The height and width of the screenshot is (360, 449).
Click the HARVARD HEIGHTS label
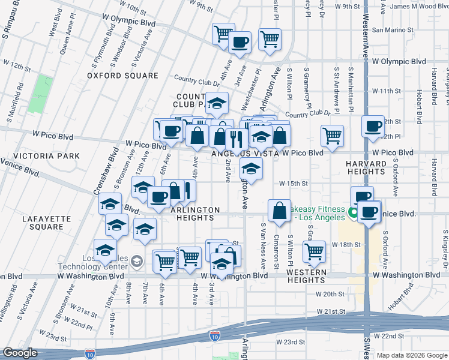pyautogui.click(x=364, y=167)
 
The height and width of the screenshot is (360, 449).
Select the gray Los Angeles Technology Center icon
pyautogui.click(x=137, y=260)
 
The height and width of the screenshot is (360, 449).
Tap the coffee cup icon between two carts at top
pyautogui.click(x=240, y=43)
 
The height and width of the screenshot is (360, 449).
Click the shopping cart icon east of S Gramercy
pyautogui.click(x=332, y=135)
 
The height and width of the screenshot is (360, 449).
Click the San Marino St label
pyautogui.click(x=394, y=29)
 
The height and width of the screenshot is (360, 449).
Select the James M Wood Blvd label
pyautogui.click(x=419, y=6)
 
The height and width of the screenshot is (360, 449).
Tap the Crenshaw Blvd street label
pyautogui.click(x=111, y=174)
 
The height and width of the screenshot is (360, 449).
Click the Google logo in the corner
pyautogui.click(x=20, y=353)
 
